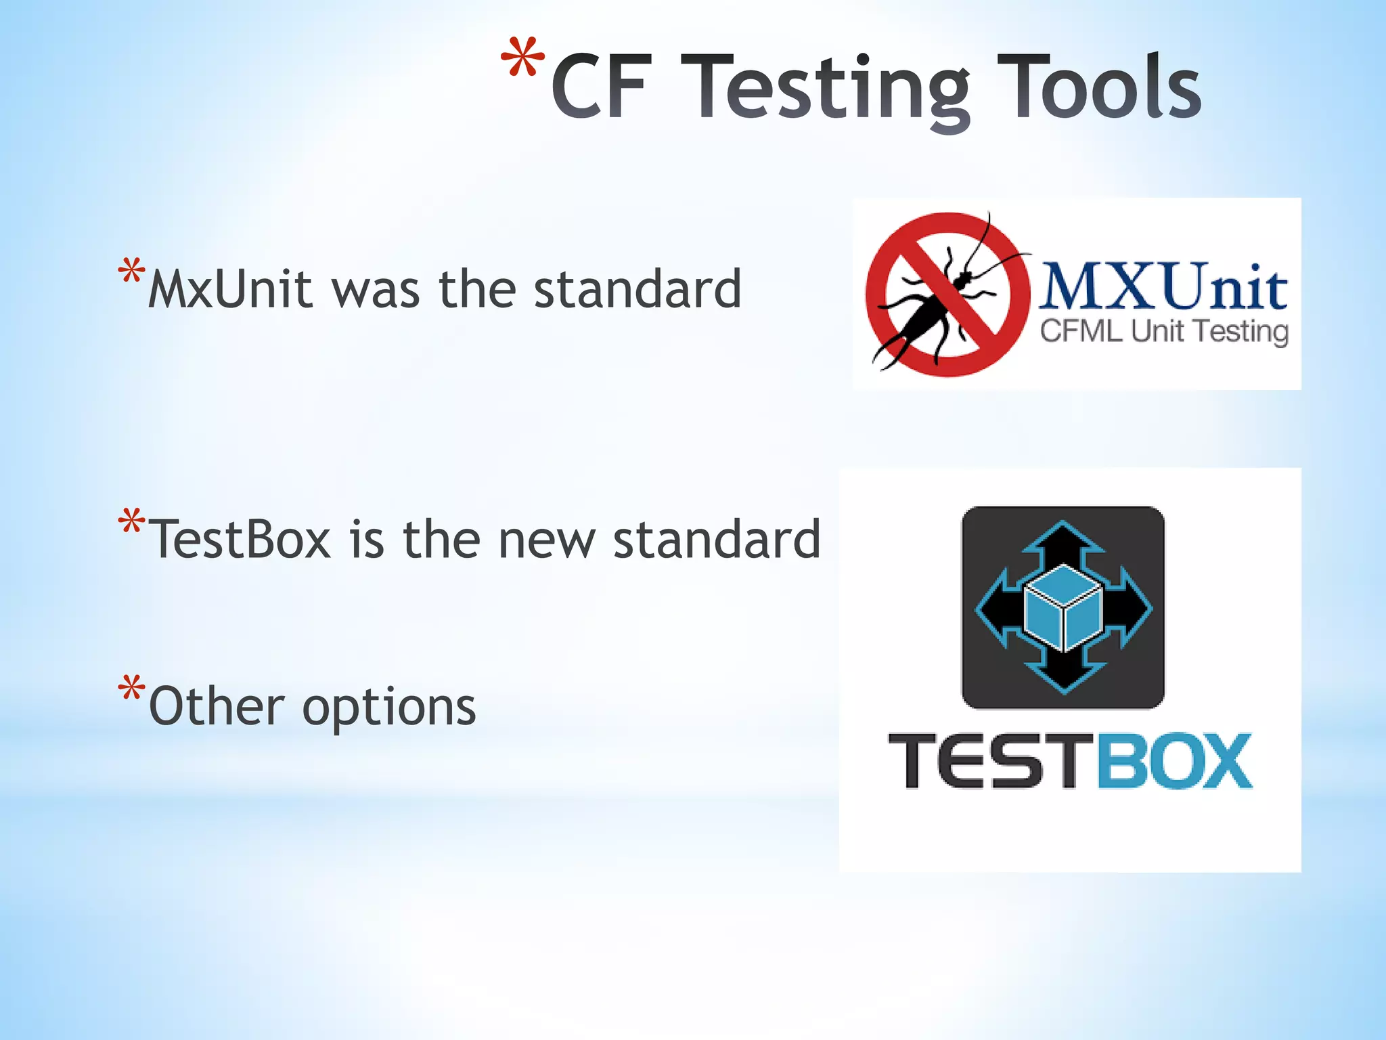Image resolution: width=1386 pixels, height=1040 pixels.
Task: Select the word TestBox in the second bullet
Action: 240,540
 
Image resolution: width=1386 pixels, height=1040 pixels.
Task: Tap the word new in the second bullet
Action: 547,541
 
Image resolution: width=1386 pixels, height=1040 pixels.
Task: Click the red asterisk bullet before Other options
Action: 131,689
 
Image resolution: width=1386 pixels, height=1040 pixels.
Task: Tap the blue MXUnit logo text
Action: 1163,287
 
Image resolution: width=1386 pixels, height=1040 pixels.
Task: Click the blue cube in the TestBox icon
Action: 1063,607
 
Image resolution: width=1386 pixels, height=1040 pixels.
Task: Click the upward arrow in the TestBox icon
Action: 1063,542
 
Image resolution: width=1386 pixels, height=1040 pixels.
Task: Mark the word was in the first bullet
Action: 376,291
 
